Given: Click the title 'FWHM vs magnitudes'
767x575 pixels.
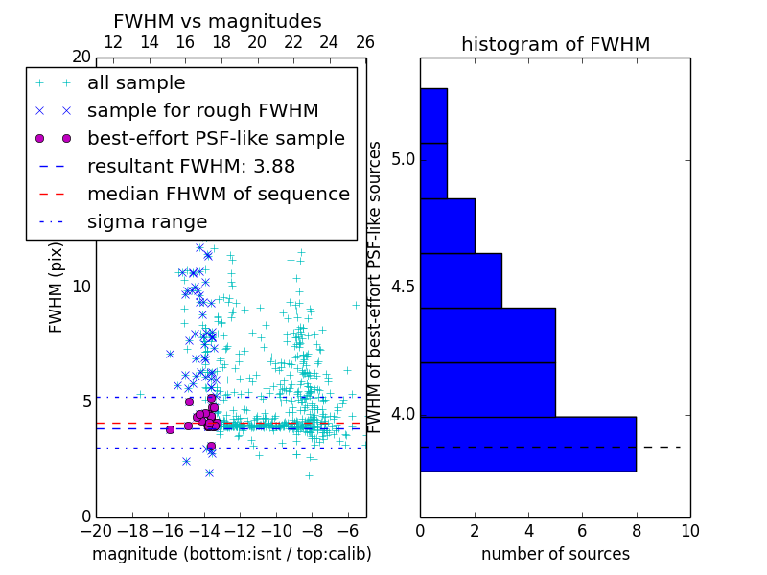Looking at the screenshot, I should tap(217, 21).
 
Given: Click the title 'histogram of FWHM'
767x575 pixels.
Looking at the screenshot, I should tap(555, 44).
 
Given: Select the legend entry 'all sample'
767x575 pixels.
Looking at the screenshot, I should tap(136, 83).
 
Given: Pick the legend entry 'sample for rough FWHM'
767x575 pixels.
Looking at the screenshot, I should tap(202, 110).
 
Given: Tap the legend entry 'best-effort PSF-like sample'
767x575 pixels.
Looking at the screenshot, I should tap(216, 138).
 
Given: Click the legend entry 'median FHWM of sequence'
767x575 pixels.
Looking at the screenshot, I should tap(218, 194).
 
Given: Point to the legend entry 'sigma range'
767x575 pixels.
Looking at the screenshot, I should tap(147, 221).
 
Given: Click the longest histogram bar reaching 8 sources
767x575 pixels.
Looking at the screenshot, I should tap(527, 444).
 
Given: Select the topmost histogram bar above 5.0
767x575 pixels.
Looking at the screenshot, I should tap(433, 115).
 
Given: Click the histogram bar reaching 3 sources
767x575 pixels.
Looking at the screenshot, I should tap(460, 280).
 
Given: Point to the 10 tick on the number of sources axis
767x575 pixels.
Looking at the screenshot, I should tap(689, 529).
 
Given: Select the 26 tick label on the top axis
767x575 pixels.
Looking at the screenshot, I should tap(365, 42).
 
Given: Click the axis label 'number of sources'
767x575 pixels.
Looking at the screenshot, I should tap(555, 554).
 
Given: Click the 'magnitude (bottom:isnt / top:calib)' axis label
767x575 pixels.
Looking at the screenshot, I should tap(231, 554).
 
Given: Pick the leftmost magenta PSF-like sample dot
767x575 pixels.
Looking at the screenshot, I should tap(170, 429).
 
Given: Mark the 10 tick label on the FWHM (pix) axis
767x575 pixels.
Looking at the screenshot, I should tap(81, 287).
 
